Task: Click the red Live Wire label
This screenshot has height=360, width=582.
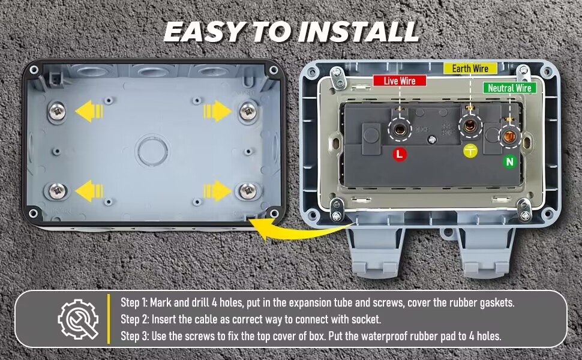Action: click(399, 80)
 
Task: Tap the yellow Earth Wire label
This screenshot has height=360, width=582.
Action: click(470, 68)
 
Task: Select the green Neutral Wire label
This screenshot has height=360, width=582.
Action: click(509, 88)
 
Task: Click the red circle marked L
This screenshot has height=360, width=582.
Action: click(400, 154)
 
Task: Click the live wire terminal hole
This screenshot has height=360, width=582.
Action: click(398, 127)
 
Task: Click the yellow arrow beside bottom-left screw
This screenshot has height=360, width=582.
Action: click(88, 191)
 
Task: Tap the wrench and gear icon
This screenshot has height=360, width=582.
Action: click(77, 319)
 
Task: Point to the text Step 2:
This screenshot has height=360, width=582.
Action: click(134, 319)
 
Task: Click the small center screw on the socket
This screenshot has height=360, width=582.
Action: click(431, 140)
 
